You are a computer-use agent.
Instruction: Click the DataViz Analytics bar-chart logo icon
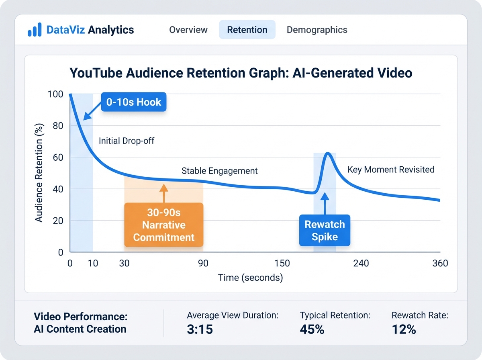(35, 30)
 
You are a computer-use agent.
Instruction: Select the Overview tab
(188, 30)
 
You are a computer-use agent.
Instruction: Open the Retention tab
(247, 30)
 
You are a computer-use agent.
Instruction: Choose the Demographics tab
(317, 30)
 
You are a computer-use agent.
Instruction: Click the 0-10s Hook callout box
(134, 102)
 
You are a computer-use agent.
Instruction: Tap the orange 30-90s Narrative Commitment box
(164, 224)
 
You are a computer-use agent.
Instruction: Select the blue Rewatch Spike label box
(325, 230)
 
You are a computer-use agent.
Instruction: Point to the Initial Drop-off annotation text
(127, 141)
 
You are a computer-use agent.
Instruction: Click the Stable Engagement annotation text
(220, 171)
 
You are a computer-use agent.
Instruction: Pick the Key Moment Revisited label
(391, 169)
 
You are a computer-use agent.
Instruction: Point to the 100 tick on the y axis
(55, 94)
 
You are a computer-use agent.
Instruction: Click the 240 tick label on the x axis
(361, 264)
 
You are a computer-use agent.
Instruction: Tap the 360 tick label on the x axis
(440, 264)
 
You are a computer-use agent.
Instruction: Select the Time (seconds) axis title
(250, 278)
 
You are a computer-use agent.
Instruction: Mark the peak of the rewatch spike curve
(328, 153)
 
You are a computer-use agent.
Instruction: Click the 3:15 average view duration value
(200, 329)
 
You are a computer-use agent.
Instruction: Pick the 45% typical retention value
(312, 329)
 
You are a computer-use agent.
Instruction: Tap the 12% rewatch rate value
(404, 329)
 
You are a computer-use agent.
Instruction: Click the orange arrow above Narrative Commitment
(163, 193)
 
